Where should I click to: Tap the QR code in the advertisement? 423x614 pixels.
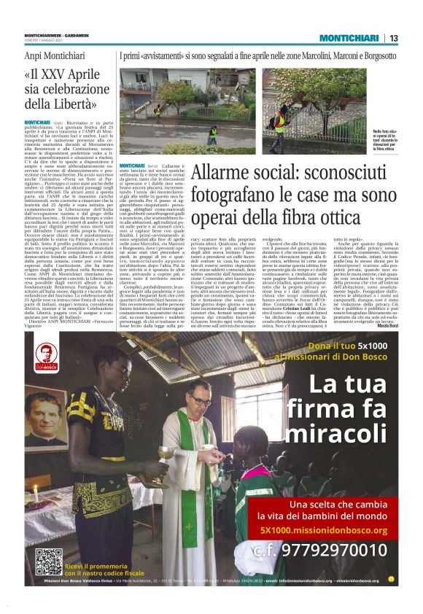[x=49, y=561]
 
